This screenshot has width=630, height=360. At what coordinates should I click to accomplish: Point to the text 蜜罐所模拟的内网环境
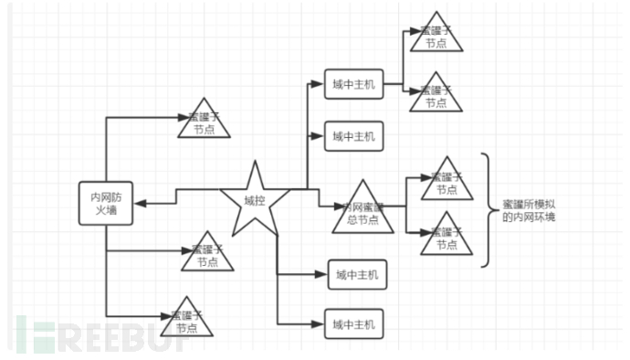tap(534, 211)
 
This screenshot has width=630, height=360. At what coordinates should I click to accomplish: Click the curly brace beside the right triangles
tap(489, 209)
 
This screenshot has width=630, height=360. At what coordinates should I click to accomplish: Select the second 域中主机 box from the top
tap(353, 137)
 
